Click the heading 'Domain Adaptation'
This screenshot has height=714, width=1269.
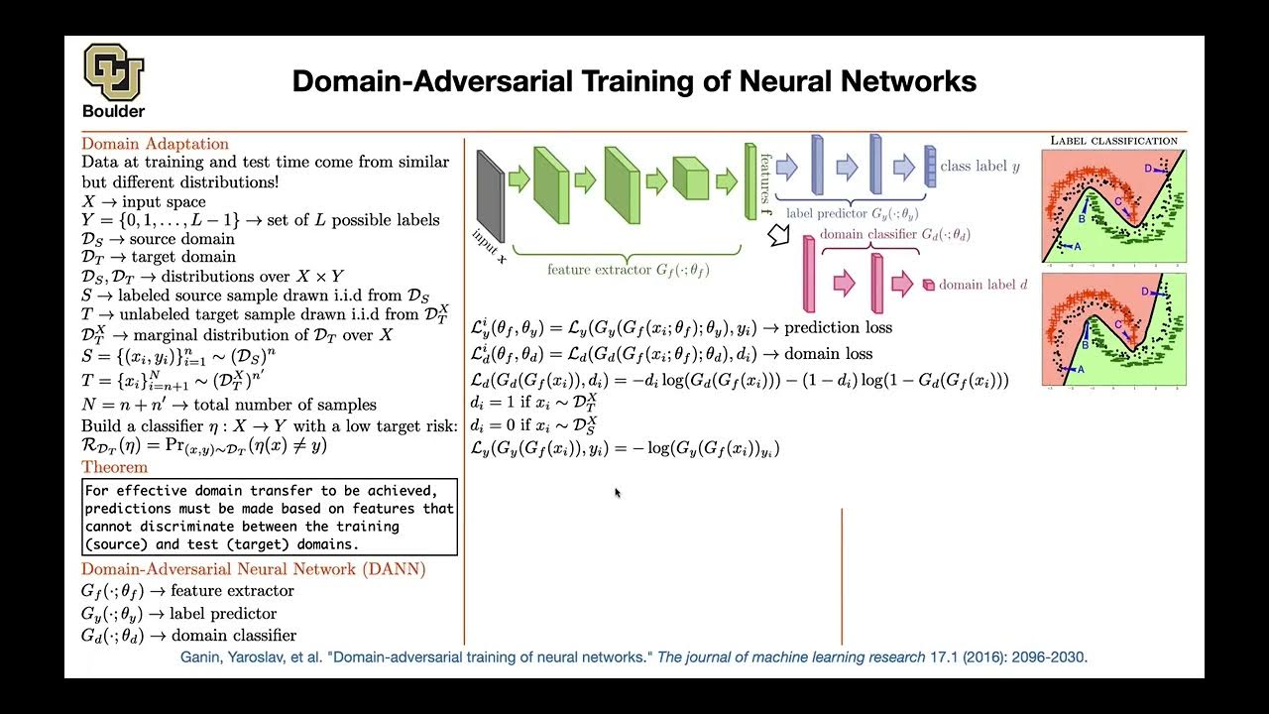pyautogui.click(x=155, y=144)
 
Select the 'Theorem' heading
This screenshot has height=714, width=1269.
pyautogui.click(x=114, y=467)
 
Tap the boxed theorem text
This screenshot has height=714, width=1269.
pyautogui.click(x=269, y=517)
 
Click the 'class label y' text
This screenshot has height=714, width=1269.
pyautogui.click(x=980, y=167)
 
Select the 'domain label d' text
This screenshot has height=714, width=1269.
pyautogui.click(x=982, y=285)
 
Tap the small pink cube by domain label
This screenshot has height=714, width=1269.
pyautogui.click(x=928, y=286)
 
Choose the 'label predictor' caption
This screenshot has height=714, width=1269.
pyautogui.click(x=850, y=213)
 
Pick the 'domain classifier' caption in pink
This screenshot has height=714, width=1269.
pyautogui.click(x=895, y=235)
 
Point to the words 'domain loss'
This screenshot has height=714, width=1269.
pyautogui.click(x=829, y=354)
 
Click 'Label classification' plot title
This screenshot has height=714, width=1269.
pyautogui.click(x=1113, y=141)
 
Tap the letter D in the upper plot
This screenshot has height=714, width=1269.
pyautogui.click(x=1148, y=169)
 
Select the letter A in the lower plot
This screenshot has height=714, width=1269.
pyautogui.click(x=1081, y=369)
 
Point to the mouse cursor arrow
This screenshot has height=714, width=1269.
pyautogui.click(x=618, y=493)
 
